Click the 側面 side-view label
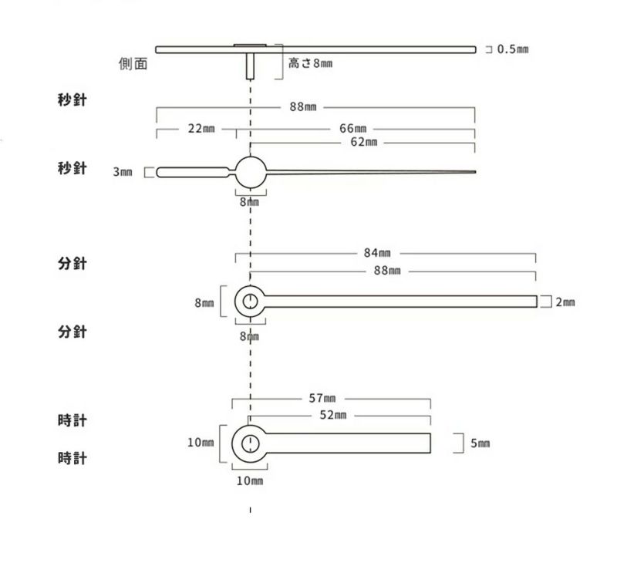(x=133, y=63)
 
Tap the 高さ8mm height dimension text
(x=311, y=63)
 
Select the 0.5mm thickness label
(x=513, y=49)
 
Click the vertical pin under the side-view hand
(x=250, y=66)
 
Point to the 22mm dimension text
(x=201, y=129)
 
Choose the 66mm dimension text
(x=352, y=129)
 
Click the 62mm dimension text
(x=363, y=142)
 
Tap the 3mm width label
(x=123, y=172)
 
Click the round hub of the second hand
(x=251, y=172)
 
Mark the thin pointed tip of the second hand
(x=475, y=172)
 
